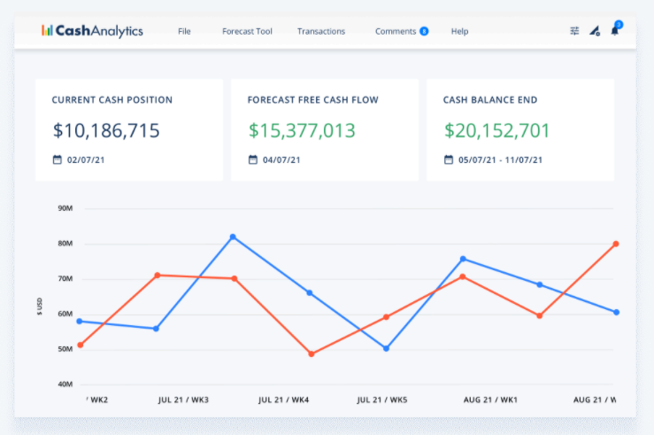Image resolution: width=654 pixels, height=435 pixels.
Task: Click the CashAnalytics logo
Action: tap(92, 31)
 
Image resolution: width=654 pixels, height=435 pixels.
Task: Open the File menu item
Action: tap(184, 32)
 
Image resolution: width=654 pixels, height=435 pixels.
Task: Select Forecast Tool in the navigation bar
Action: tap(247, 32)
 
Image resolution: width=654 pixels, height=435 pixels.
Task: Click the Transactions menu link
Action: tap(321, 32)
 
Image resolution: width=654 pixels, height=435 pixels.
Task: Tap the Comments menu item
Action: tap(396, 32)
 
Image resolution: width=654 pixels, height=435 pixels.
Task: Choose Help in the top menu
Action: tap(459, 32)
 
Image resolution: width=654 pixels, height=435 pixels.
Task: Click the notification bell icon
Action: tap(615, 31)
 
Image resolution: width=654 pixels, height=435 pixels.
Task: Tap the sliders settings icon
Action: tap(574, 31)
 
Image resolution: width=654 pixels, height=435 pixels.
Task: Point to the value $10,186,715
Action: tap(106, 131)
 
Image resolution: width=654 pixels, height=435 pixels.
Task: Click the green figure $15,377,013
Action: tap(302, 131)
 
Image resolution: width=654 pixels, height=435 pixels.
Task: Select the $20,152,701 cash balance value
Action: tap(496, 131)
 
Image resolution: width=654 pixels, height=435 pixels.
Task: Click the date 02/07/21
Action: tap(84, 160)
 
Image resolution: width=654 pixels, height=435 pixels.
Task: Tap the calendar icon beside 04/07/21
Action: tap(253, 160)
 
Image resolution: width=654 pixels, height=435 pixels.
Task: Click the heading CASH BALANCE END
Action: tap(490, 100)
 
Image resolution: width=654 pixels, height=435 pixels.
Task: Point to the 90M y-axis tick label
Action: tap(64, 209)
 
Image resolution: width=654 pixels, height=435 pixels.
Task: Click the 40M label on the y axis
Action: tap(64, 385)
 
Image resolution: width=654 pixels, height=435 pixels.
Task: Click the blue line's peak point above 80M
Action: tap(233, 237)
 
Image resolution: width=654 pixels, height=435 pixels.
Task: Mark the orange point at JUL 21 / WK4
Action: tap(312, 354)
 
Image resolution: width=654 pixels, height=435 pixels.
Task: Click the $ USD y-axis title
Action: tap(40, 306)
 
